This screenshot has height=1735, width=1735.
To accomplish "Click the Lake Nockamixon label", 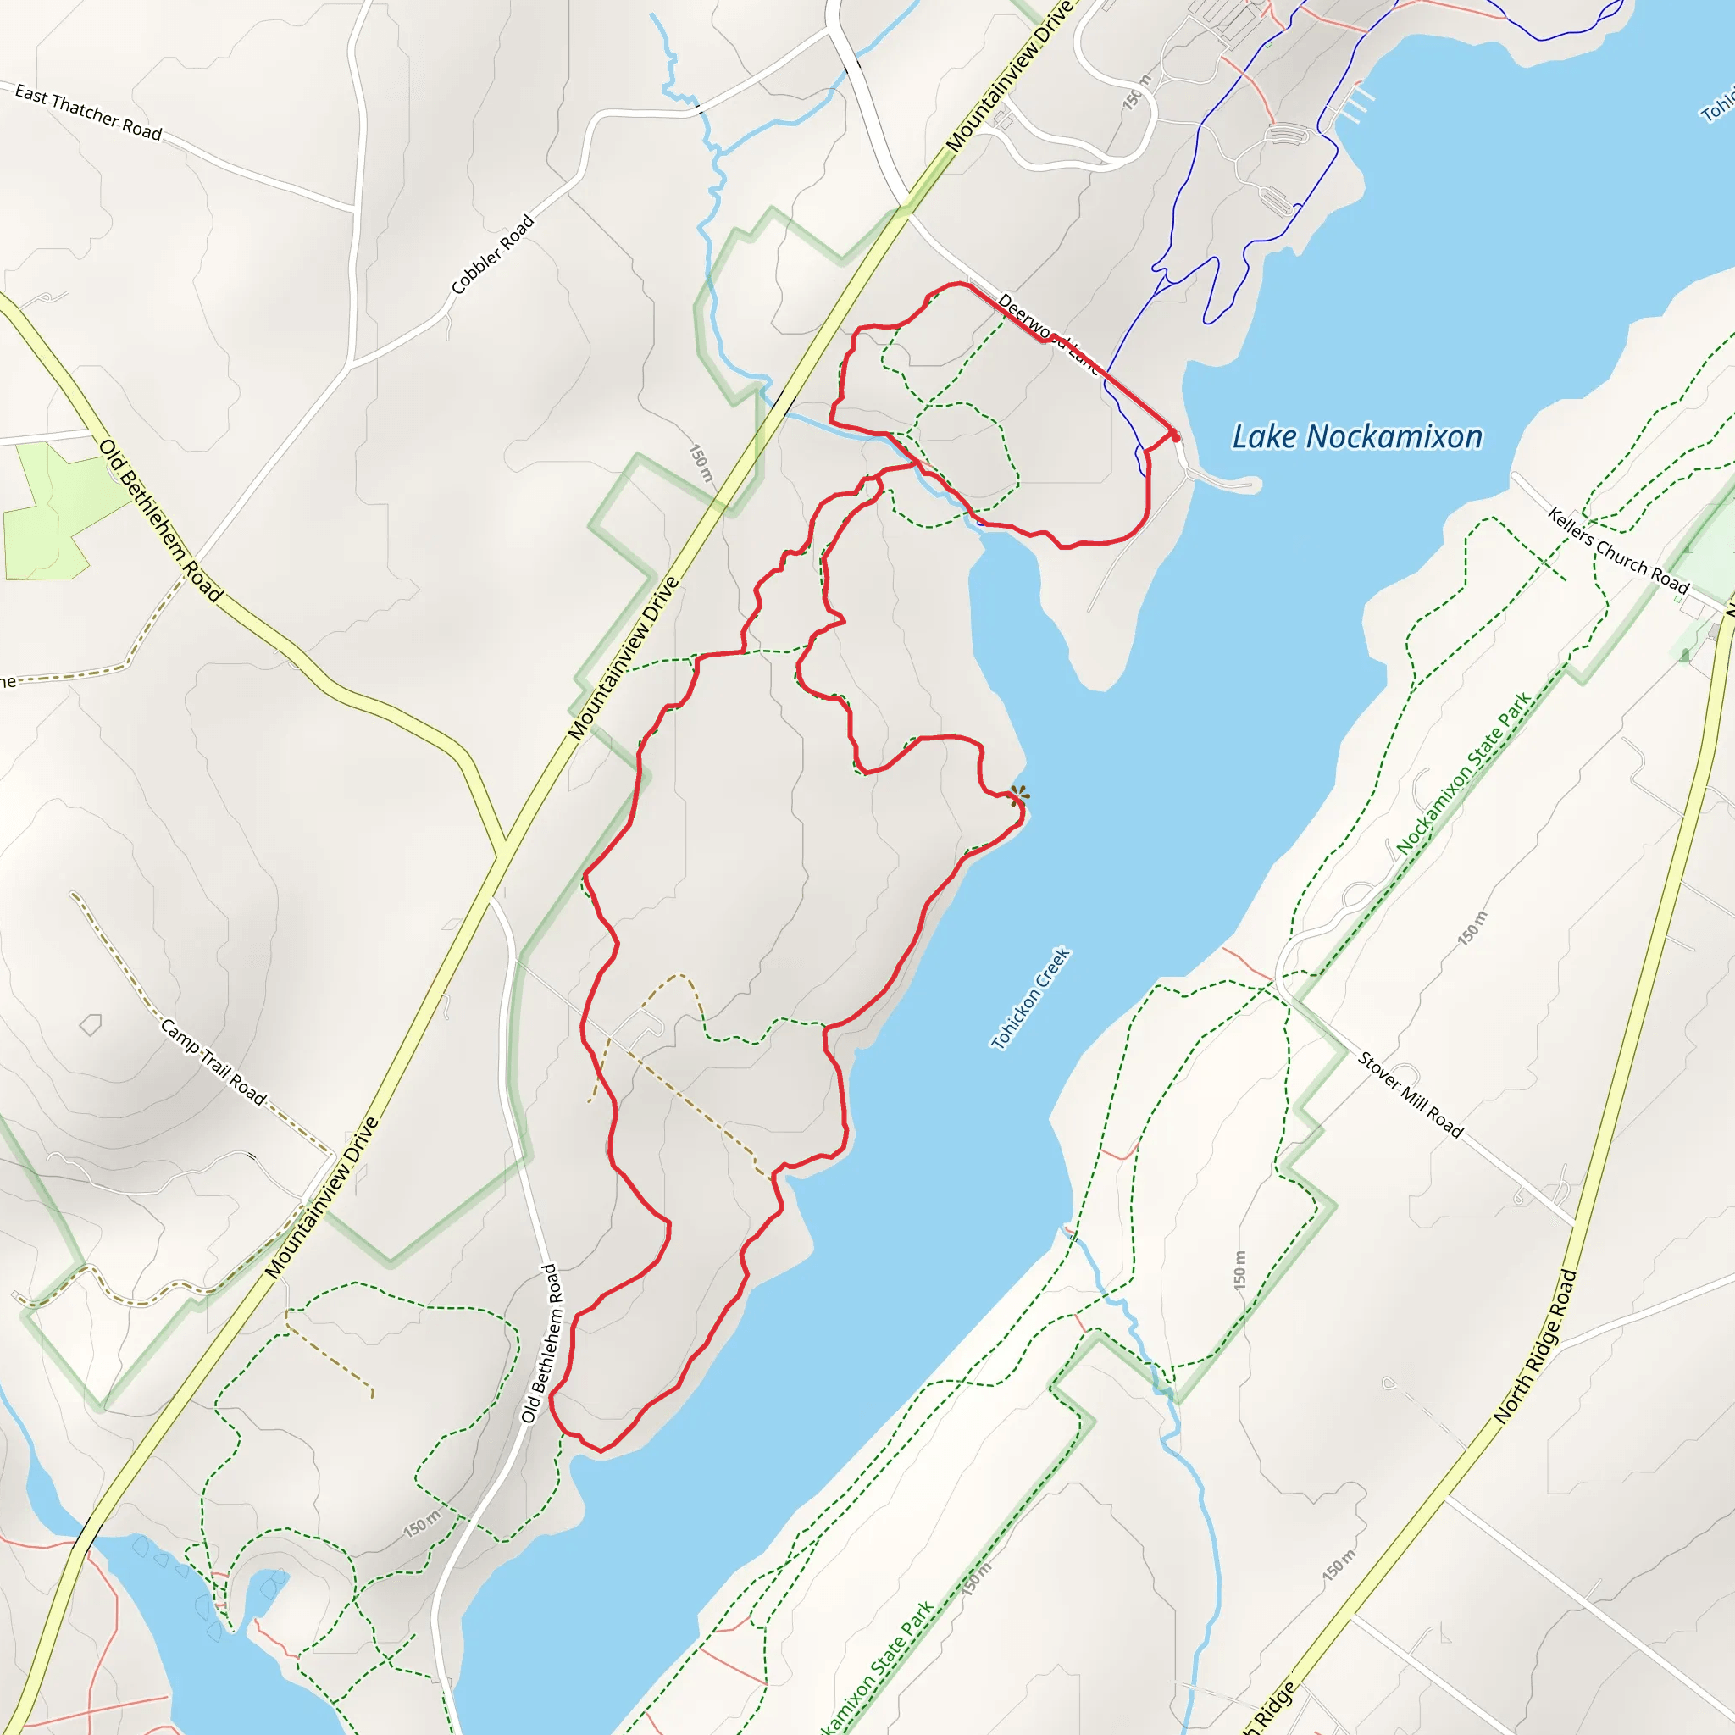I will pos(1356,437).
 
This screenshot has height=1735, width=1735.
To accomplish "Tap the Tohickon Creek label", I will pos(1030,998).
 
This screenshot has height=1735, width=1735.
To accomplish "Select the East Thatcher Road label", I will pos(88,113).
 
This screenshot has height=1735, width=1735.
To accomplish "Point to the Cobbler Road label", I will pos(492,254).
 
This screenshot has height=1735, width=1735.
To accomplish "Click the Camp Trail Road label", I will pos(213,1062).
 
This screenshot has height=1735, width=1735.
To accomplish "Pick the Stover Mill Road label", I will pos(1410,1095).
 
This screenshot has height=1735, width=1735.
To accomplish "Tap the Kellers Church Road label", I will pos(1617,550).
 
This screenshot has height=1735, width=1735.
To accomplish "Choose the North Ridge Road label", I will pos(1536,1345).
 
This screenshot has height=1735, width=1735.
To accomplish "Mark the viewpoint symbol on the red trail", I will pos(1018,795).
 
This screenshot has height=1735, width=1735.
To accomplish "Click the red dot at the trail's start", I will pos(1176,437).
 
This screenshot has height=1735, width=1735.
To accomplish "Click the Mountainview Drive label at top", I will pos(1006,78).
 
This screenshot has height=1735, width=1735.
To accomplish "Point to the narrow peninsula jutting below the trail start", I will pos(1226,483).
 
